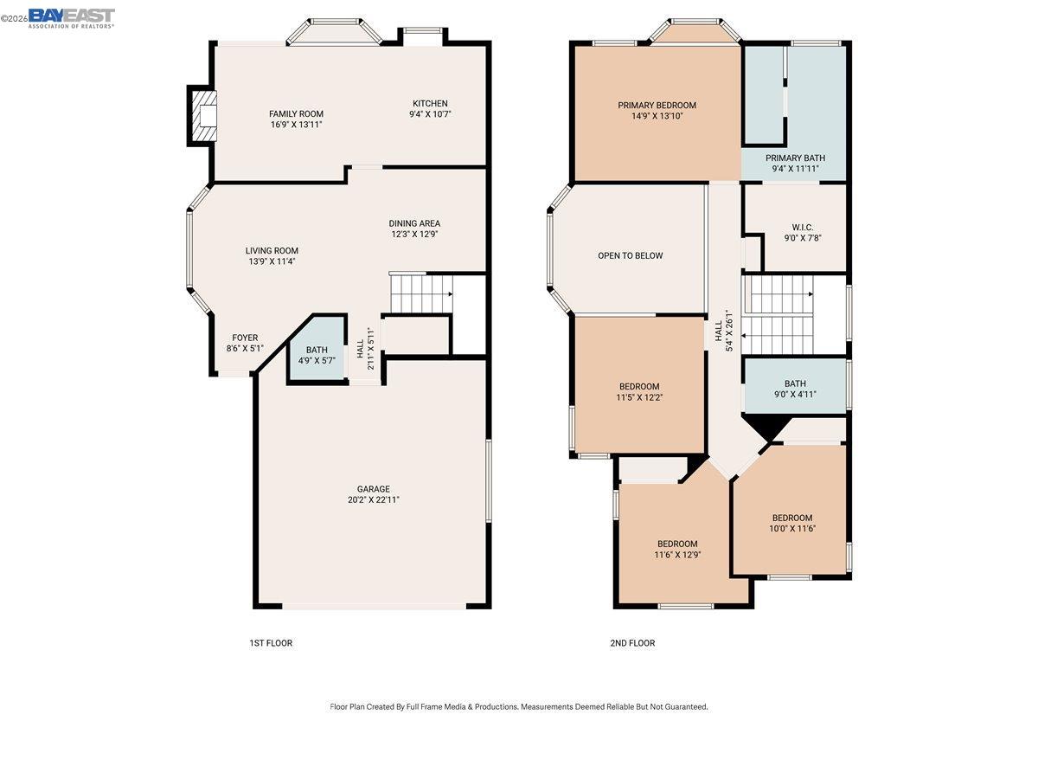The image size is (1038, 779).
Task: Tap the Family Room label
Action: coord(296,114)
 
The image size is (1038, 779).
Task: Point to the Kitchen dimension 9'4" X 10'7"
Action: coord(430,114)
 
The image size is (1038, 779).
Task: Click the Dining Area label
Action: coord(414,223)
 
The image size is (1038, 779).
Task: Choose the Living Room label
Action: coord(272,251)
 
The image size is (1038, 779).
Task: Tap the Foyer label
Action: coord(245,338)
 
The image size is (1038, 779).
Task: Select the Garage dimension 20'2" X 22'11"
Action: coord(373,499)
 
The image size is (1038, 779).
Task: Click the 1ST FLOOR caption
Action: coord(271,643)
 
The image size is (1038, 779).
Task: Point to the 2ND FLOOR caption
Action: coord(632,643)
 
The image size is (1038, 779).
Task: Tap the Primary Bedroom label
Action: coord(657,106)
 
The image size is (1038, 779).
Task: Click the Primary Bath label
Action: coord(795,158)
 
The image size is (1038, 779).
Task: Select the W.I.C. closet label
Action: coord(802,227)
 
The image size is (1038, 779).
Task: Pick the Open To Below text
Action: coord(630,255)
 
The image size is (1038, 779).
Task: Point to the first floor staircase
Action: coord(420,293)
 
